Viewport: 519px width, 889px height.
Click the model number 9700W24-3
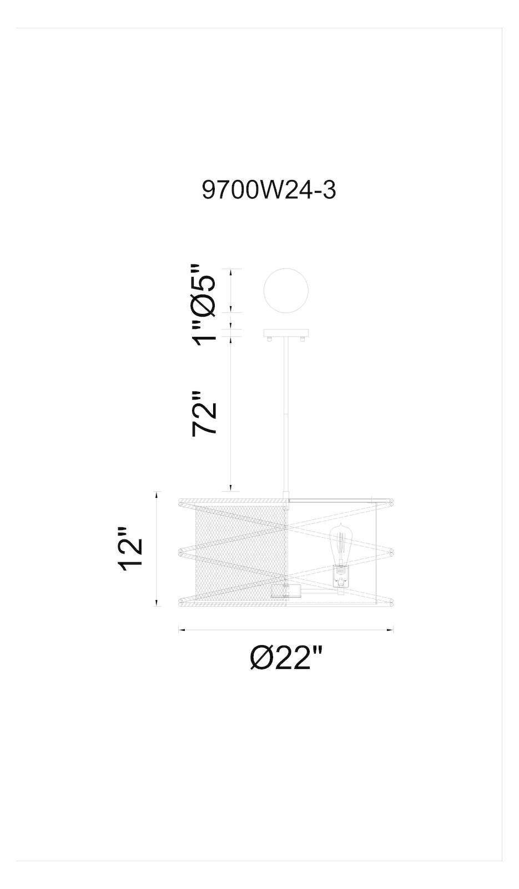(269, 190)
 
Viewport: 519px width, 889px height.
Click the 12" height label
(130, 550)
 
